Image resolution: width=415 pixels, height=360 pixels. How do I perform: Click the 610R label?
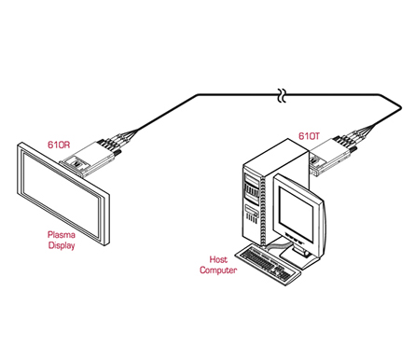pyautogui.click(x=59, y=145)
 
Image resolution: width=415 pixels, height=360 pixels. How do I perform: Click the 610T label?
pyautogui.click(x=309, y=136)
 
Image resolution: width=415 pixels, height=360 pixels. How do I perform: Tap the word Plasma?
pyautogui.click(x=62, y=234)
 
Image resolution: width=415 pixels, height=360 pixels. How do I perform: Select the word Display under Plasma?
pyautogui.click(x=62, y=245)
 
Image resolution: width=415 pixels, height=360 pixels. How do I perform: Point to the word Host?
pyautogui.click(x=218, y=259)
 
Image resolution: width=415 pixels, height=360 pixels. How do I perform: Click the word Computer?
pyautogui.click(x=218, y=270)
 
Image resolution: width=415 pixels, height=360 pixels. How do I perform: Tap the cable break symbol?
pyautogui.click(x=282, y=95)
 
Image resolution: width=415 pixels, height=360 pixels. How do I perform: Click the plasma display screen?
pyautogui.click(x=62, y=193)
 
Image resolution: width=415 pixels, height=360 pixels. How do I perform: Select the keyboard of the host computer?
pyautogui.click(x=268, y=264)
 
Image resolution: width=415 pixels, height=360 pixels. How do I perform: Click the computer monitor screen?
pyautogui.click(x=296, y=213)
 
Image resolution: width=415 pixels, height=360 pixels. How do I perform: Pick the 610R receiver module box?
pyautogui.click(x=89, y=159)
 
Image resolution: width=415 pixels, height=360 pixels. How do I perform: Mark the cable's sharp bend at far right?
pyautogui.click(x=401, y=107)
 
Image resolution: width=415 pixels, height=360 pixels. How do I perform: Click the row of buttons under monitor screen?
pyautogui.click(x=294, y=238)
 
